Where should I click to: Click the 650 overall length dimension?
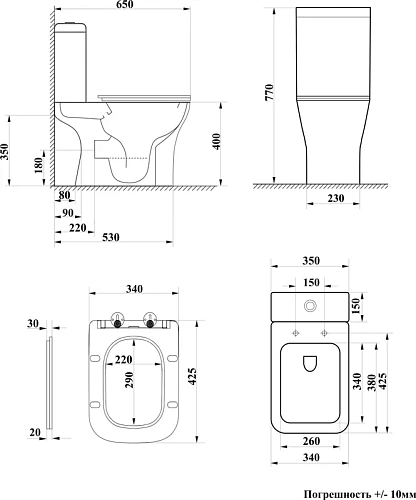pos(125,4)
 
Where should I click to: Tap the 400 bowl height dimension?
pos(216,141)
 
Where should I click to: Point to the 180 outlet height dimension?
pos(39,165)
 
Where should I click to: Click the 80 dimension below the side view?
pos(64,195)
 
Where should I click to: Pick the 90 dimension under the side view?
pos(68,213)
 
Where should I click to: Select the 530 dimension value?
pos(110,237)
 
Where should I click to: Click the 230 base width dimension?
pos(335,198)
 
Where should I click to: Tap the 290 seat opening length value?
pos(129,379)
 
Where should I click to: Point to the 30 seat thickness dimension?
pos(33,323)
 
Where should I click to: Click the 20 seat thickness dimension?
pos(35,433)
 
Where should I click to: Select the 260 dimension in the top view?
pos(311,441)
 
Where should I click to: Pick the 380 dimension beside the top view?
pos(371,382)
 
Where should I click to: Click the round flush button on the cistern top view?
pos(310,306)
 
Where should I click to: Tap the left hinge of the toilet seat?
pos(117,320)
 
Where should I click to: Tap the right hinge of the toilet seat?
pos(150,320)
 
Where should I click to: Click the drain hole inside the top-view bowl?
pos(310,363)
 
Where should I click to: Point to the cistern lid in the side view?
pos(70,27)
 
